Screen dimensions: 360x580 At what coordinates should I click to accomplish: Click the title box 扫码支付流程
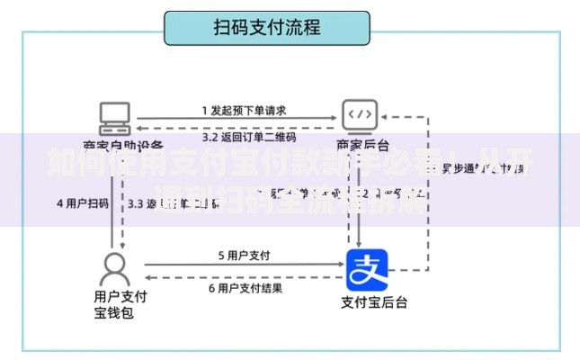267,28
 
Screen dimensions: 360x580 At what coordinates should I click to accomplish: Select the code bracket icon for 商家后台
360,115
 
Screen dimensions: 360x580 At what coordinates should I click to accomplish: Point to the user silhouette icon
114,267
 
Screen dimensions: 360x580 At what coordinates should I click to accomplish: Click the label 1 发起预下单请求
243,111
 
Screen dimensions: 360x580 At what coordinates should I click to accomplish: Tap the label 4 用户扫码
83,203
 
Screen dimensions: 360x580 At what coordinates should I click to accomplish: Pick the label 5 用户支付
245,255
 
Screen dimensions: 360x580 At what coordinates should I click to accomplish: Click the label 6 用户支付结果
245,288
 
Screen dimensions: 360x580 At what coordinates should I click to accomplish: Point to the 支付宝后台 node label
374,301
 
